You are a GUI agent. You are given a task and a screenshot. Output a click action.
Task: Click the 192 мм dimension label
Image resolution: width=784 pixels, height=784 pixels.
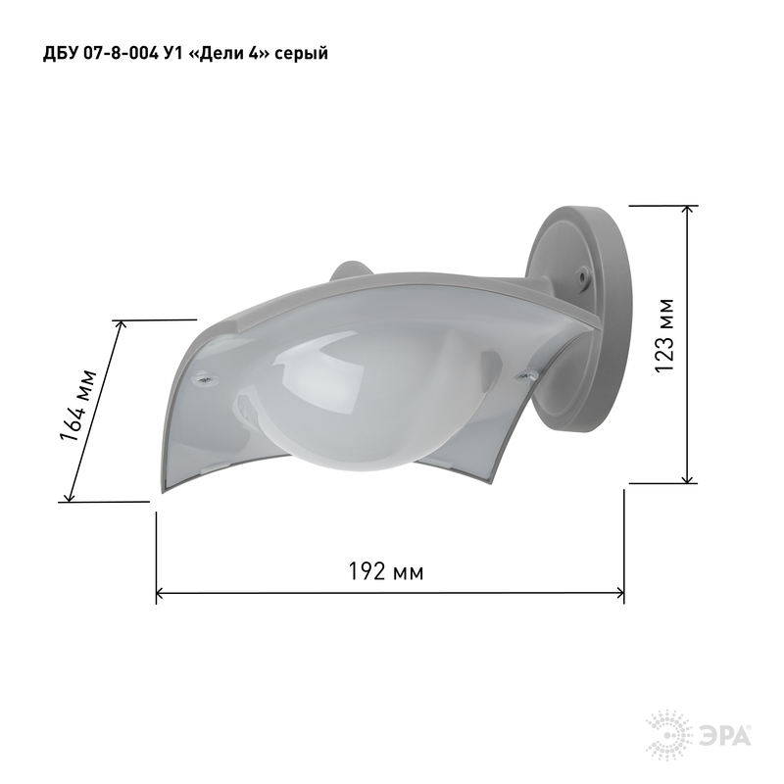pyautogui.click(x=385, y=571)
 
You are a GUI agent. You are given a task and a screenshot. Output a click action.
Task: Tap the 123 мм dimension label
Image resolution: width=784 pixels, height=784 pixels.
pyautogui.click(x=664, y=335)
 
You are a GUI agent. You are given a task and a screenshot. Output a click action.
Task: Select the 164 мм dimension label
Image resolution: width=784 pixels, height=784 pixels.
pyautogui.click(x=77, y=406)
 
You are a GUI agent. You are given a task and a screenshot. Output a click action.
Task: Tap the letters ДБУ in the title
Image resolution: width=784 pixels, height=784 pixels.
pyautogui.click(x=58, y=53)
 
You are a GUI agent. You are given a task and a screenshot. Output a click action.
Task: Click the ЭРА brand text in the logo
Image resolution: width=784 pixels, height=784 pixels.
pyautogui.click(x=724, y=737)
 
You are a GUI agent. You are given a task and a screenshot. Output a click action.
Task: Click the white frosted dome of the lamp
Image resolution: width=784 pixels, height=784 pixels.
pyautogui.click(x=350, y=400)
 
